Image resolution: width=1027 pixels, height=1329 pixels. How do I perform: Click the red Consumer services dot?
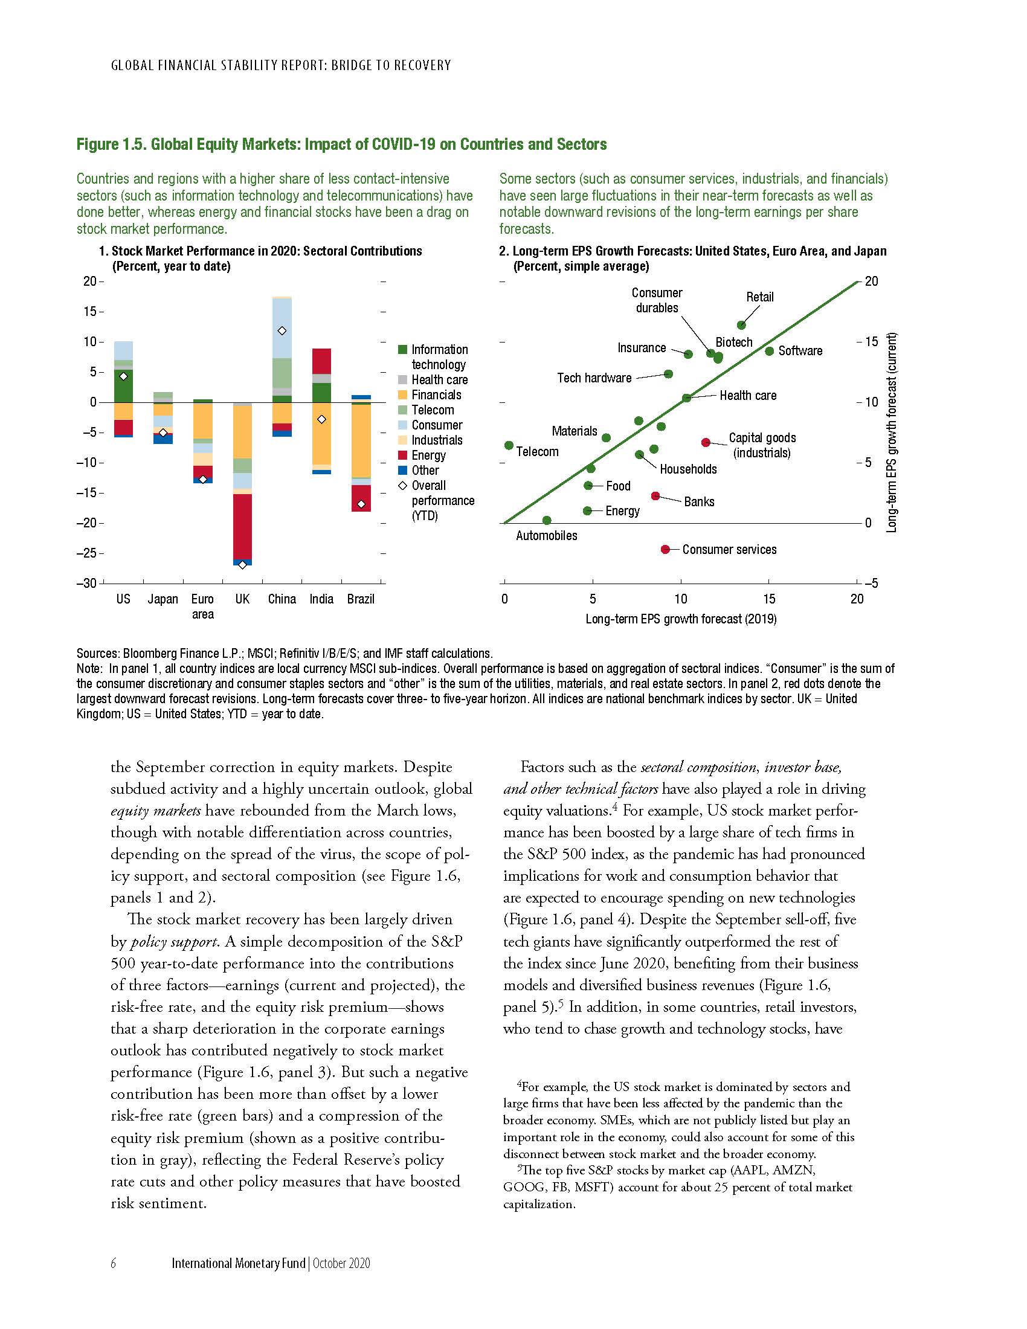pyautogui.click(x=665, y=550)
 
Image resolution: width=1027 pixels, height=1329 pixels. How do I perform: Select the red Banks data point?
pyautogui.click(x=655, y=496)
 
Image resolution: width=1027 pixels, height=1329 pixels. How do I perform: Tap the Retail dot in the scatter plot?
pyautogui.click(x=741, y=325)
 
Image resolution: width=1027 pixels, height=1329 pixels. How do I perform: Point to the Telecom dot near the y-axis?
pyautogui.click(x=509, y=445)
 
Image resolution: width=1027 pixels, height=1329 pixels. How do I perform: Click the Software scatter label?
pyautogui.click(x=800, y=351)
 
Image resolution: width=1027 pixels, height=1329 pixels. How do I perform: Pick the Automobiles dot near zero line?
pyautogui.click(x=546, y=520)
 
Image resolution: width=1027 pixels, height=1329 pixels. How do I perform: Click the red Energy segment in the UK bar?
pyautogui.click(x=242, y=526)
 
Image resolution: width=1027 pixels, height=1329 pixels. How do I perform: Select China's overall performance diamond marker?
pyautogui.click(x=282, y=331)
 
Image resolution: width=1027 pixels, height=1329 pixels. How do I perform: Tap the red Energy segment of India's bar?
pyautogui.click(x=321, y=361)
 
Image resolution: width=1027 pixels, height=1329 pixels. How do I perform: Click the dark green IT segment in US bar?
pyautogui.click(x=123, y=386)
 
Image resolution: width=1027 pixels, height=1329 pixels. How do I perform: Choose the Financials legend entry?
pyautogui.click(x=436, y=395)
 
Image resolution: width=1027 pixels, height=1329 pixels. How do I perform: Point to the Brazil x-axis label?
pyautogui.click(x=361, y=599)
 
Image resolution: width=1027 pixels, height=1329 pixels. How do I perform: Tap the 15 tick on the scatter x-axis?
pyautogui.click(x=768, y=599)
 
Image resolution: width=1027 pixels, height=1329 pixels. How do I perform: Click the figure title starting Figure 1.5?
pyautogui.click(x=341, y=144)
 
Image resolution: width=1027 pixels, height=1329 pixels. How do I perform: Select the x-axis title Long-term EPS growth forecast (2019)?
pyautogui.click(x=681, y=619)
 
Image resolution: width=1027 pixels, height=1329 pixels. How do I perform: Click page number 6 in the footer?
pyautogui.click(x=114, y=1263)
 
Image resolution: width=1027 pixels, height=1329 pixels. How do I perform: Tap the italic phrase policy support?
pyautogui.click(x=173, y=942)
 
